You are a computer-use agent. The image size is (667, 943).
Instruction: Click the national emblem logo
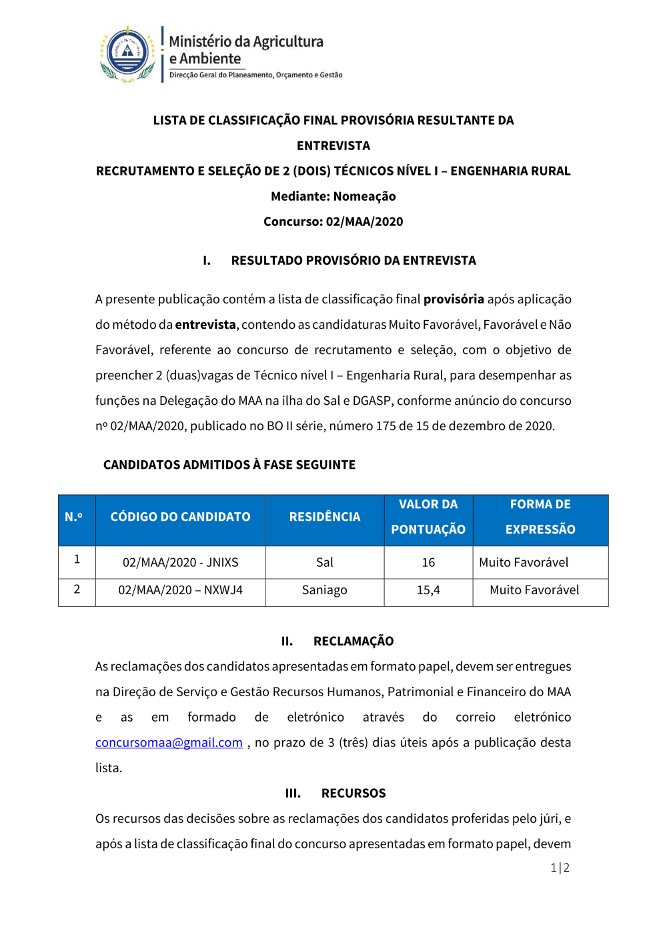click(127, 54)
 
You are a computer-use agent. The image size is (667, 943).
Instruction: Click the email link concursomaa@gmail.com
click(169, 742)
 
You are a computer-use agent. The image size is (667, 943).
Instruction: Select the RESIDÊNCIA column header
click(325, 517)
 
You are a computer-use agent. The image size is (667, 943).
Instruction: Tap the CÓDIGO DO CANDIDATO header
click(180, 517)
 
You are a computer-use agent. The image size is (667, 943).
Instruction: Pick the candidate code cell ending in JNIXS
click(180, 562)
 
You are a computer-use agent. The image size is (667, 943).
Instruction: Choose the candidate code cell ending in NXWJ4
click(180, 590)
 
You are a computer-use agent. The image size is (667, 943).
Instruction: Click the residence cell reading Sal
click(325, 562)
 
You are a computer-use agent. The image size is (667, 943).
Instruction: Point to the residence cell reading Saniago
click(325, 590)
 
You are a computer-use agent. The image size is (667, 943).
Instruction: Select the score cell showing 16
click(428, 562)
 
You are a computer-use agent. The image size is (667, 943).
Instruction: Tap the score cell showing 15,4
click(428, 590)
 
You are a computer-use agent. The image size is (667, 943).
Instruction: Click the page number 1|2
click(560, 868)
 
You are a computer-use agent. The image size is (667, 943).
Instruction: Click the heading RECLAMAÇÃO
click(354, 641)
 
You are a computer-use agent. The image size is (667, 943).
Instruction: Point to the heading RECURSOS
click(354, 793)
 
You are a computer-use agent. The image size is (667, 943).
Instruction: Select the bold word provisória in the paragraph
click(454, 299)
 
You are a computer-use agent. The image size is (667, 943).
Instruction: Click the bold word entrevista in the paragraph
click(205, 325)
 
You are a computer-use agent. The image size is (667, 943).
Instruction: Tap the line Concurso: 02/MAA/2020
click(333, 221)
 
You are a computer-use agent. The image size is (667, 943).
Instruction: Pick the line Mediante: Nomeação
click(333, 196)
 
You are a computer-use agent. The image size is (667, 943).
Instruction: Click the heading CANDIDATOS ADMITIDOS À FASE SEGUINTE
click(229, 465)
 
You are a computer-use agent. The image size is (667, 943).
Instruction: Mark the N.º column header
click(74, 517)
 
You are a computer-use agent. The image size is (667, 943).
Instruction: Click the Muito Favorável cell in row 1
click(524, 562)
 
